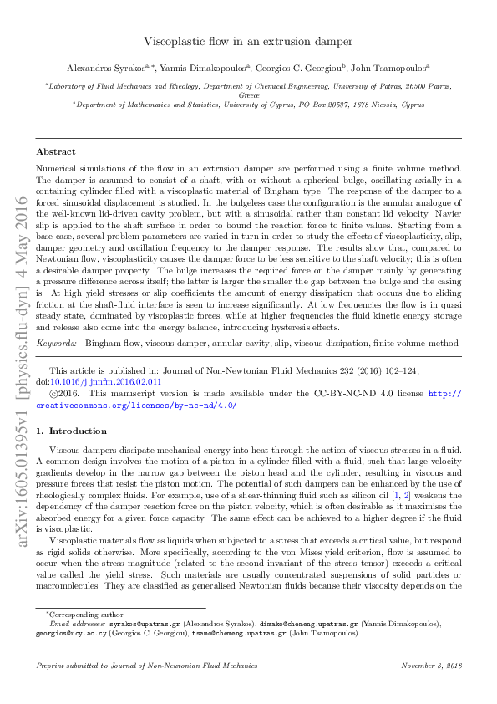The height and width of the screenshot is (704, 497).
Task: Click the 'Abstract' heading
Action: click(x=56, y=152)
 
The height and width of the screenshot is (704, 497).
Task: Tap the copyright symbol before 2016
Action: click(x=55, y=392)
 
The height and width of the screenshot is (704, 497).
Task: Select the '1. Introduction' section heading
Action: click(x=76, y=431)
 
